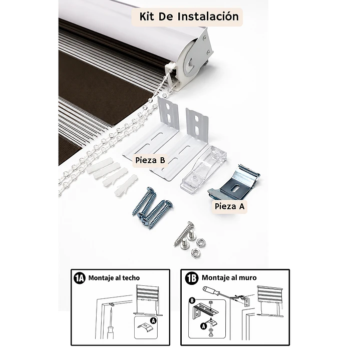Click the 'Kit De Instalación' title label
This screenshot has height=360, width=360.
(x=189, y=17)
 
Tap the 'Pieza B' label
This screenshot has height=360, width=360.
(x=150, y=160)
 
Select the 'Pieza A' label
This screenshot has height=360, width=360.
(x=229, y=206)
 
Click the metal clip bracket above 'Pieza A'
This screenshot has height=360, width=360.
(x=234, y=181)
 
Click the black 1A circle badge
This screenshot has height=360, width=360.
(x=80, y=278)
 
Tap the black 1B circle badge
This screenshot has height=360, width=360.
(x=191, y=278)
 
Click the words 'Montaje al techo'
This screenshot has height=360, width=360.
(x=114, y=278)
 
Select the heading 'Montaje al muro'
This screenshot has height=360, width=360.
(x=229, y=278)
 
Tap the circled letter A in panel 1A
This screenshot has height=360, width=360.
(x=153, y=320)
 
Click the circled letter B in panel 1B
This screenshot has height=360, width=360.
(x=192, y=300)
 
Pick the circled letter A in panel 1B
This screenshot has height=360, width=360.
(x=203, y=326)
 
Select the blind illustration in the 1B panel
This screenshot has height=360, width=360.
(x=270, y=301)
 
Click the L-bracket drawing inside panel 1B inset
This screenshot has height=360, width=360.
(x=205, y=310)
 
